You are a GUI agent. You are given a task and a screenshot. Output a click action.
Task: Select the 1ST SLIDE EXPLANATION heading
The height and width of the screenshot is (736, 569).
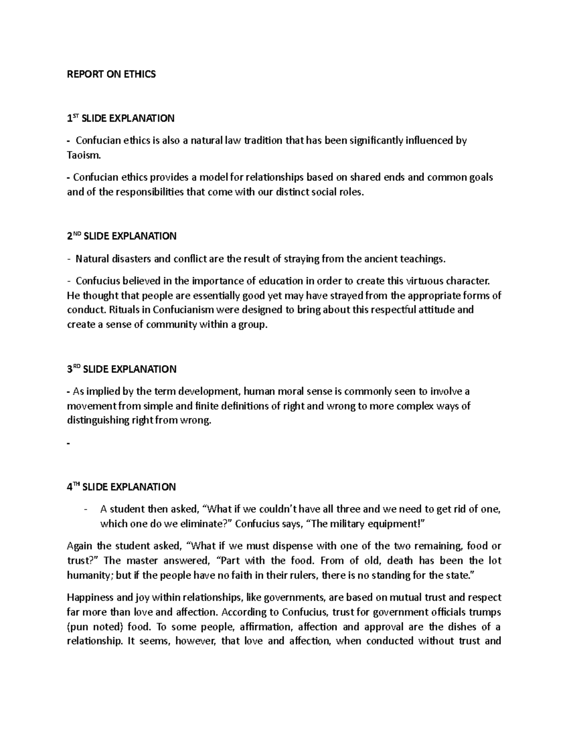pos(121,118)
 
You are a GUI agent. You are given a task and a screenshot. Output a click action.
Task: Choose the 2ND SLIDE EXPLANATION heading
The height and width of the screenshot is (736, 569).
pos(122,236)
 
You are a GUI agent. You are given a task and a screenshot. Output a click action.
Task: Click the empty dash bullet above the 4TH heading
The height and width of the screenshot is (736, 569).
pos(69,444)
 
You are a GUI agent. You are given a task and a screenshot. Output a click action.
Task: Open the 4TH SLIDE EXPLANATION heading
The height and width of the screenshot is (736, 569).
pos(121,487)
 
